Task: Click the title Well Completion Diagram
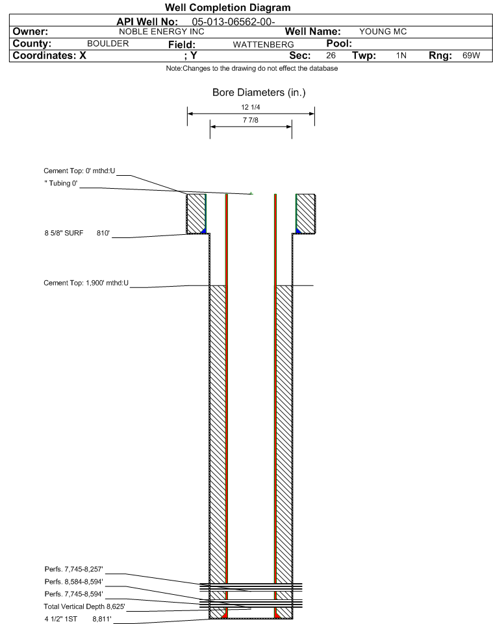pyautogui.click(x=227, y=8)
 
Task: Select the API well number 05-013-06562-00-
pyautogui.click(x=233, y=22)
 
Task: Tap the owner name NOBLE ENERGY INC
pyautogui.click(x=162, y=32)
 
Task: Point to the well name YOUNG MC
pyautogui.click(x=383, y=32)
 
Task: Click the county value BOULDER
pyautogui.click(x=108, y=43)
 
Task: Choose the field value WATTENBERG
pyautogui.click(x=264, y=45)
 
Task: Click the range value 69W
pyautogui.click(x=471, y=55)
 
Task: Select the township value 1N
pyautogui.click(x=401, y=55)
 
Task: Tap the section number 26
pyautogui.click(x=331, y=55)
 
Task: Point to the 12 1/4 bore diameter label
pyautogui.click(x=251, y=107)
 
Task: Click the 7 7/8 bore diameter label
pyautogui.click(x=251, y=120)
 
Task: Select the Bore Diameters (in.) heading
pyautogui.click(x=259, y=93)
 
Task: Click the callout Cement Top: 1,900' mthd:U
pyautogui.click(x=86, y=283)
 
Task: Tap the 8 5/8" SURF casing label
pyautogui.click(x=64, y=234)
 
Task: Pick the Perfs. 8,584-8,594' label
pyautogui.click(x=74, y=582)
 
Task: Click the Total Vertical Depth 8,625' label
pyautogui.click(x=84, y=606)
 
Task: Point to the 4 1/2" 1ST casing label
pyautogui.click(x=60, y=619)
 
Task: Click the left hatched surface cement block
pyautogui.click(x=196, y=213)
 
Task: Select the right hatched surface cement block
pyautogui.click(x=306, y=213)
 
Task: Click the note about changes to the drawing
pyautogui.click(x=252, y=69)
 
